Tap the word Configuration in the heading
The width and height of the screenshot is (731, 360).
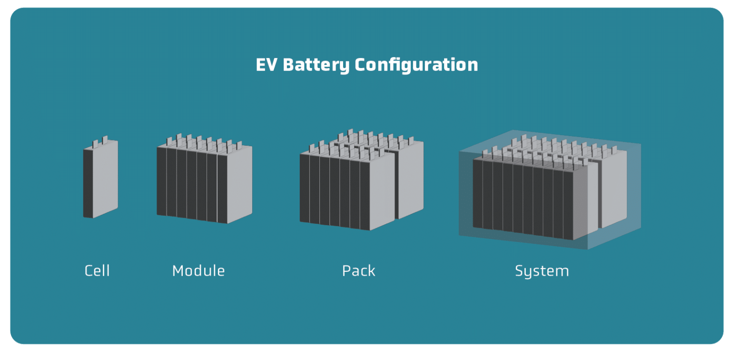click(x=416, y=65)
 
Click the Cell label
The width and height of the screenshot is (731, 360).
click(x=97, y=271)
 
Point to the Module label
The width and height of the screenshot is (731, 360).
click(x=198, y=271)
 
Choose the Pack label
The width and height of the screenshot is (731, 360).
click(x=359, y=271)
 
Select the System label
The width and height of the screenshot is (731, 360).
click(x=542, y=271)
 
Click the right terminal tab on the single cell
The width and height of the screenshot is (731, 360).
click(x=105, y=139)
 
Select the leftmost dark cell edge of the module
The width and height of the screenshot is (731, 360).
click(x=161, y=181)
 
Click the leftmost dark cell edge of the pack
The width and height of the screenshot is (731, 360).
click(x=304, y=188)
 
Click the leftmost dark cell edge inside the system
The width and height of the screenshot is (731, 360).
click(x=477, y=193)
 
